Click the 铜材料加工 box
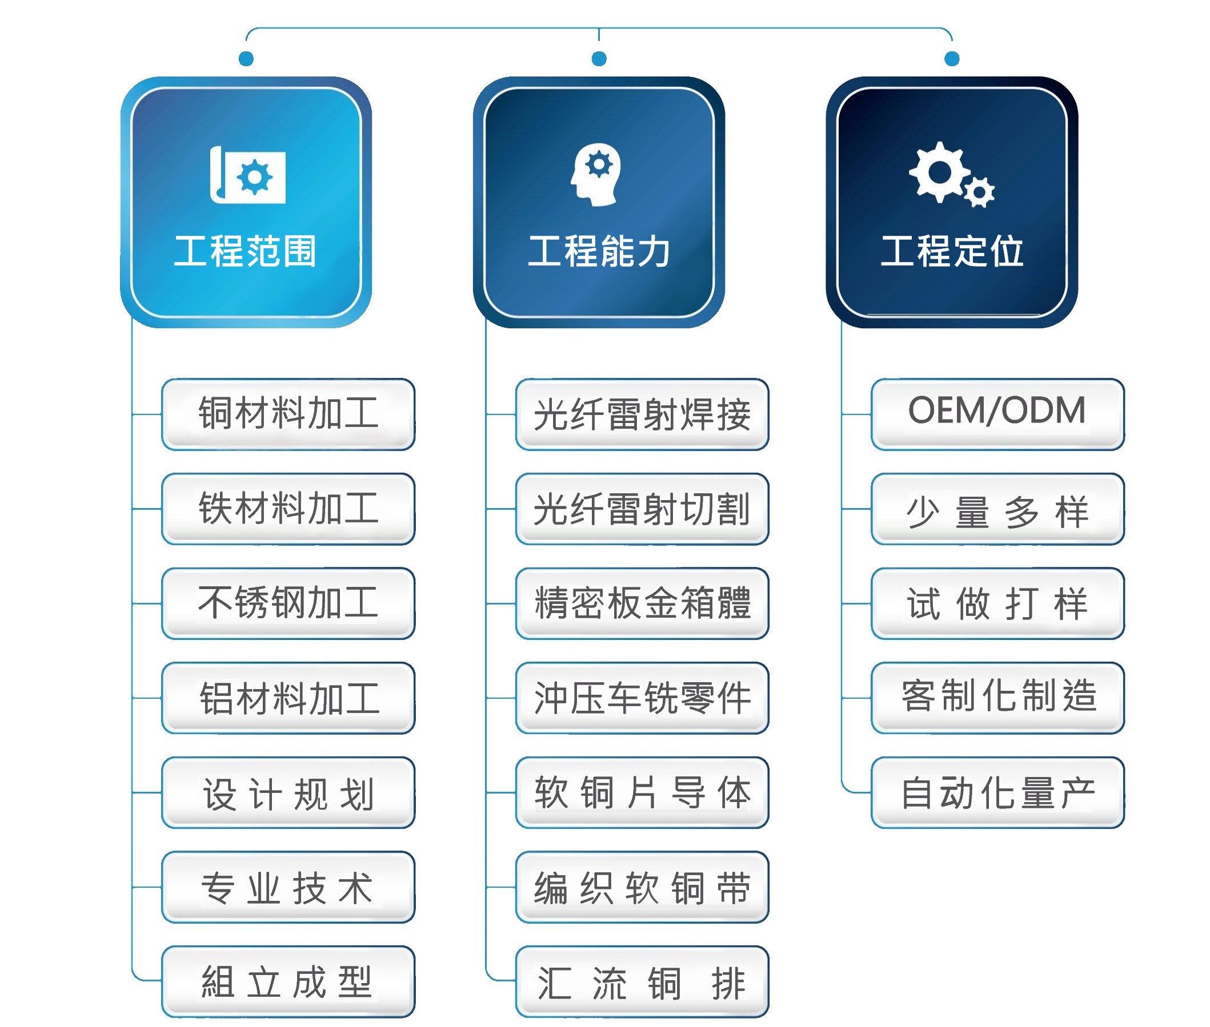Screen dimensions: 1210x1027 pos(288,414)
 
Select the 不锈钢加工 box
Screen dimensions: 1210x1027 pos(288,603)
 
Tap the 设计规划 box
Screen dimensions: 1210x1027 pos(288,792)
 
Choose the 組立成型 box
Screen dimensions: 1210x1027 pos(288,981)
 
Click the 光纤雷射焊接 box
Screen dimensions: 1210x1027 pos(642,414)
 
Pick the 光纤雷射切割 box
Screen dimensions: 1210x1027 pos(642,509)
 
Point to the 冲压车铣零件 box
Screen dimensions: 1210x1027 pos(642,698)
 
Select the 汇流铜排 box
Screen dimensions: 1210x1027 pos(642,981)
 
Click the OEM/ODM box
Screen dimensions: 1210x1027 pos(997,414)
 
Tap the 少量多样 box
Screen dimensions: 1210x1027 pos(997,509)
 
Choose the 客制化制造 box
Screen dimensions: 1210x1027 pos(997,698)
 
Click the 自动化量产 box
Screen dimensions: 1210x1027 pos(997,792)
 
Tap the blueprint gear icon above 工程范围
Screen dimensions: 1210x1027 pos(247,175)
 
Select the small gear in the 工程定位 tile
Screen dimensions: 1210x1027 pos(979,192)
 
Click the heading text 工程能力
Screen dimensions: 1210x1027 pos(599,252)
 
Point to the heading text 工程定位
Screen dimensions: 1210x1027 pos(952,252)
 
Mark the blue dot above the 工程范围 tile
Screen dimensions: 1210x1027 pos(246,58)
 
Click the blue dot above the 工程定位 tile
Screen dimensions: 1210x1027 pos(952,58)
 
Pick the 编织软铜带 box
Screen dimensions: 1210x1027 pos(642,887)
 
